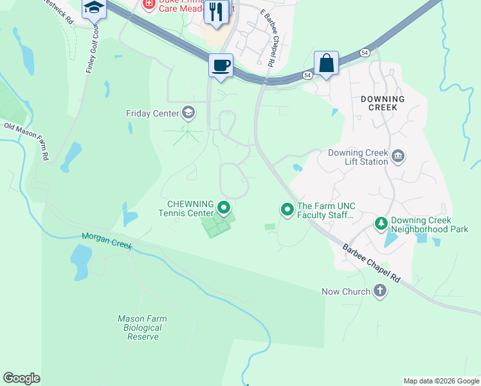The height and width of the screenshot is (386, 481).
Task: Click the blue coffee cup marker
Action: (221, 66)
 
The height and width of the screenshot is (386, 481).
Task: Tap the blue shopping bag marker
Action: (326, 63)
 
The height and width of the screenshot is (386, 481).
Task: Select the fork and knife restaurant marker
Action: (217, 12)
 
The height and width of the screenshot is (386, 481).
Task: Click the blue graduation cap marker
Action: (94, 8)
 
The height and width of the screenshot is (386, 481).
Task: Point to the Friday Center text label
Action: (152, 114)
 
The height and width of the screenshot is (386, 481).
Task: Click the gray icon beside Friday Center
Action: (188, 113)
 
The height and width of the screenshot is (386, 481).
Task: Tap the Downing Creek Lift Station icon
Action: (397, 157)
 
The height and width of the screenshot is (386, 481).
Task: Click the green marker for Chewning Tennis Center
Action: (224, 207)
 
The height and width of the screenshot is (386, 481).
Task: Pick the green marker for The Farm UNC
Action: (287, 209)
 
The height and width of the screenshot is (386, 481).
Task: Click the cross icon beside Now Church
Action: (380, 291)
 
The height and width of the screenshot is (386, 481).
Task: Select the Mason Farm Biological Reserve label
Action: (142, 327)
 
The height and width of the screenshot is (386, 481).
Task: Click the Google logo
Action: (21, 378)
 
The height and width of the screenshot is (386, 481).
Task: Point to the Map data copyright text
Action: (441, 381)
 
